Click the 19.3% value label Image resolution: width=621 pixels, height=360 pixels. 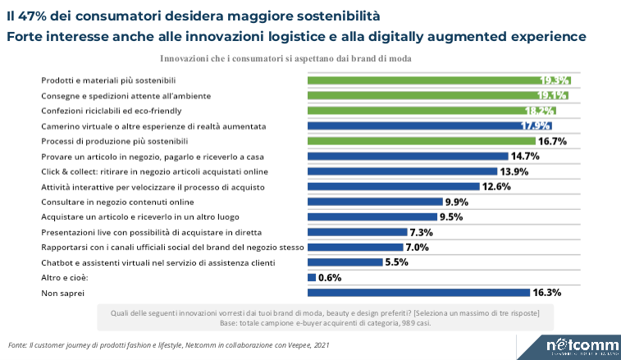555,80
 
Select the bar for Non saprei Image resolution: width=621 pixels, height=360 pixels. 418,292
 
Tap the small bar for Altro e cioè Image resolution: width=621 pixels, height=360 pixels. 312,277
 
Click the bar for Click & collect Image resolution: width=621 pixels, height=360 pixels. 402,171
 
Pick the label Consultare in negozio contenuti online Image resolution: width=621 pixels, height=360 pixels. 117,202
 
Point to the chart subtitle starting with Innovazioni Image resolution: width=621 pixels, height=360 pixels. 285,59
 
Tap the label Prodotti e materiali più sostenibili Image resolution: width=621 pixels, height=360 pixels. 109,80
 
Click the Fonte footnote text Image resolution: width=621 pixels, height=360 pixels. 168,345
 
